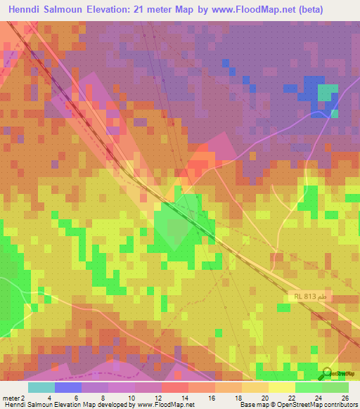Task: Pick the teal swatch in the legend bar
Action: pos(41,387)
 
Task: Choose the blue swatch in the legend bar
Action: pos(68,387)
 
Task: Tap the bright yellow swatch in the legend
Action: pos(281,387)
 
